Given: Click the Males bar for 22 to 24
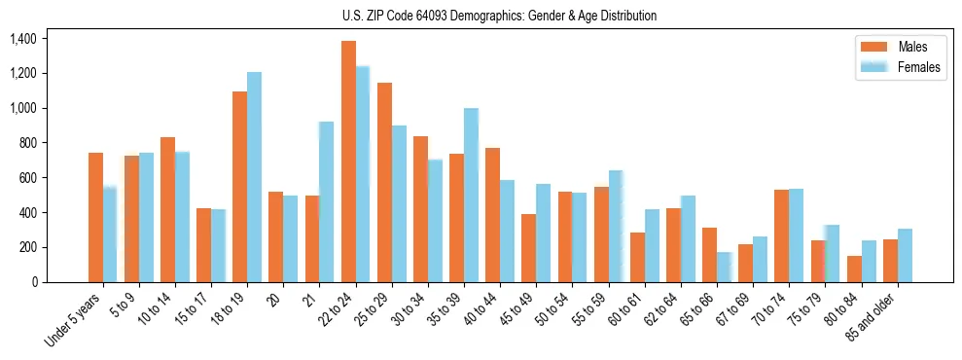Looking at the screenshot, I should click(x=348, y=162).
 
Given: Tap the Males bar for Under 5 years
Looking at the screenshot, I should click(x=95, y=217).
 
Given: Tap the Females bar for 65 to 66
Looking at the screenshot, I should click(x=725, y=267).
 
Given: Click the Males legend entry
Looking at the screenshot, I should click(x=898, y=47).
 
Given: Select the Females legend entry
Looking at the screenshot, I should click(x=903, y=67).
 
